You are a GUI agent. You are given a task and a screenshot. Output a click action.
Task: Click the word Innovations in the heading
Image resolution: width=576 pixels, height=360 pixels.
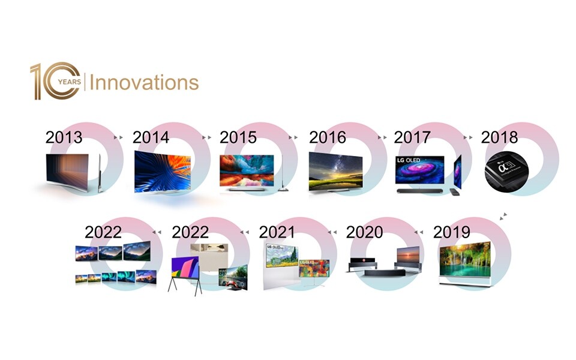(x=144, y=82)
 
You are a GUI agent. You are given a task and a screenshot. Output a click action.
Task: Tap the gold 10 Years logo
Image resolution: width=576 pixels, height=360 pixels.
(x=55, y=82)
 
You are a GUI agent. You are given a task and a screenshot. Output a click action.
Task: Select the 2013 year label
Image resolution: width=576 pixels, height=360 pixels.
(x=64, y=137)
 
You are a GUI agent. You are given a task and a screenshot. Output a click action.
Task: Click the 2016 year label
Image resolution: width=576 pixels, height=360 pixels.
(x=327, y=137)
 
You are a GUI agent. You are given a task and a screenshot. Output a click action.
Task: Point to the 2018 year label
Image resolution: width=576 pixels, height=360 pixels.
(x=499, y=137)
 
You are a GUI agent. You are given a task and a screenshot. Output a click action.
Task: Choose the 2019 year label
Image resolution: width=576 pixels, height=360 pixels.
(x=451, y=232)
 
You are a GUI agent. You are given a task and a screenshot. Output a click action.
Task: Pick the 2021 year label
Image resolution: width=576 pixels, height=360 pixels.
(x=277, y=232)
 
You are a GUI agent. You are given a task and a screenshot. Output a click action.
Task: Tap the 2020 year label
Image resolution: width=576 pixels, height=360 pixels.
(x=364, y=232)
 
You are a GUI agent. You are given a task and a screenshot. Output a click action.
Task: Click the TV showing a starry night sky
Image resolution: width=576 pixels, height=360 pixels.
(x=335, y=172)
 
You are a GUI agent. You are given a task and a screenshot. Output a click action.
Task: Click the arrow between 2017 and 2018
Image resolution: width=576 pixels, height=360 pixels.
(x=467, y=137)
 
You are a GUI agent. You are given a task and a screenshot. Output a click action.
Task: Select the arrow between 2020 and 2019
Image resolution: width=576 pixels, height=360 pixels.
(x=420, y=232)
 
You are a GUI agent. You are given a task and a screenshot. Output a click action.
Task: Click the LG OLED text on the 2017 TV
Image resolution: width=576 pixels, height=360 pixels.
(x=411, y=161)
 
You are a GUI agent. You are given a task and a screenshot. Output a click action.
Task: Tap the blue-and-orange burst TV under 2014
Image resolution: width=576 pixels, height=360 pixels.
(x=159, y=171)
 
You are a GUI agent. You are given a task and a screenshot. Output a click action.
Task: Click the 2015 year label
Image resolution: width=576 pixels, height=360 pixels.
(x=238, y=137)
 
